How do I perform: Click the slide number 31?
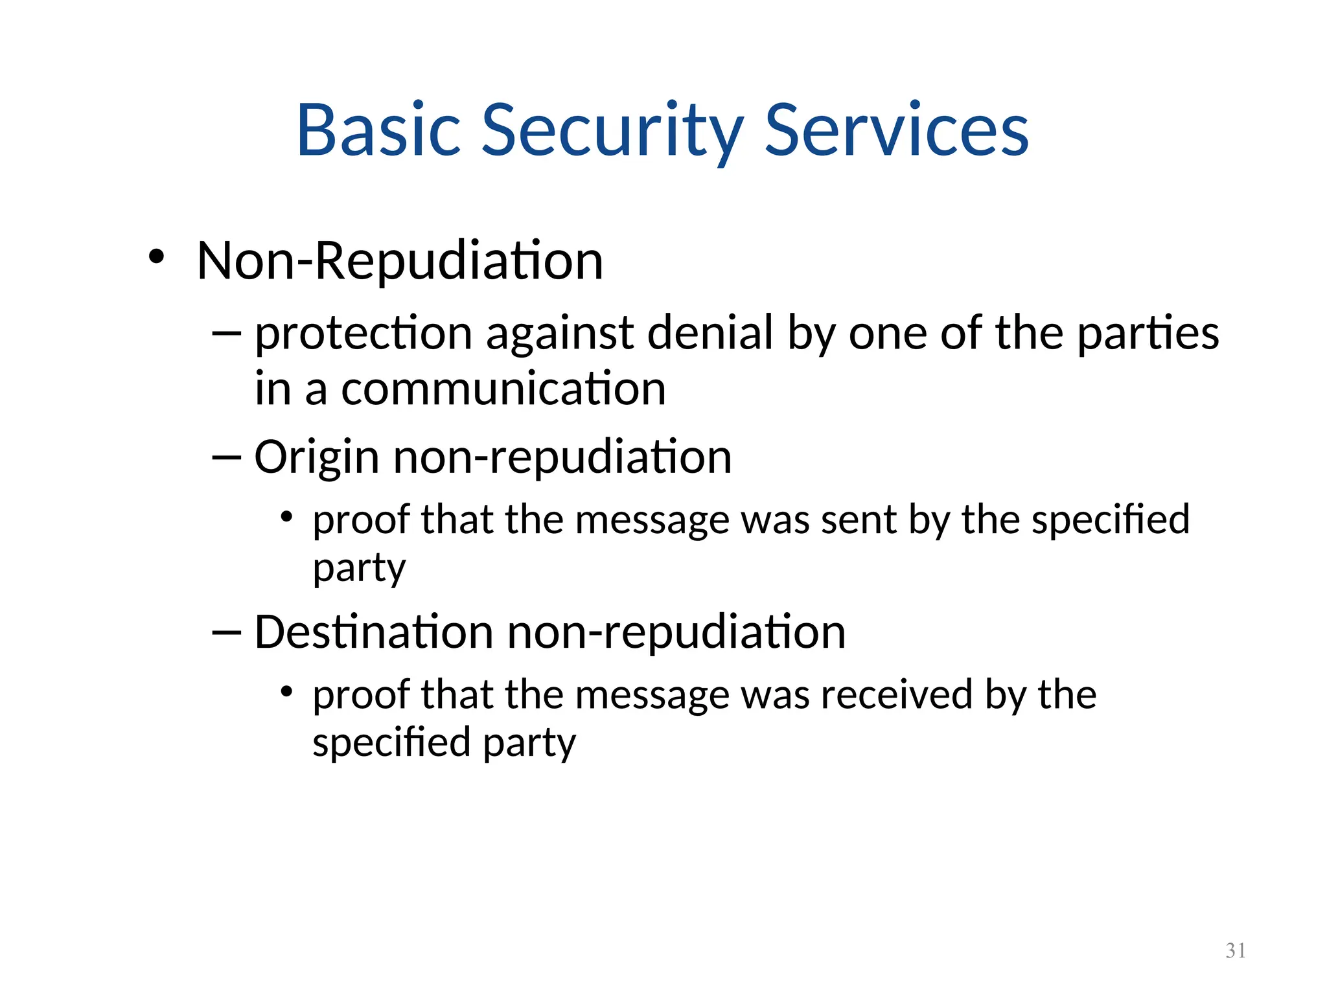coord(1236,950)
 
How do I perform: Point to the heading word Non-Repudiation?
coord(400,260)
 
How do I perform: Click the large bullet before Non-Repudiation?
coord(156,257)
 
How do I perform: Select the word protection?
coord(363,334)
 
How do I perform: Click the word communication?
coord(503,389)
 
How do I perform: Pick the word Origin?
coord(316,458)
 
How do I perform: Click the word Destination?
coord(373,632)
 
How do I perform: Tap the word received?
coord(897,694)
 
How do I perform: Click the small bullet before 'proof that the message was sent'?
coord(287,518)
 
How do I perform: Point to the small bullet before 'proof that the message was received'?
coord(287,692)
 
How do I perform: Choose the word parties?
coord(1148,334)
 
